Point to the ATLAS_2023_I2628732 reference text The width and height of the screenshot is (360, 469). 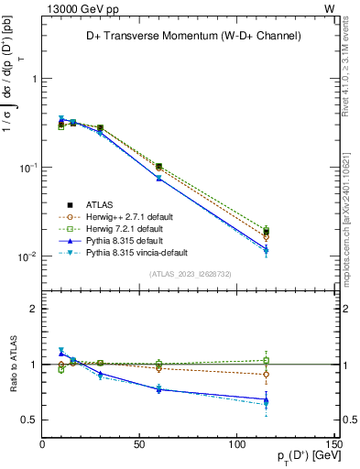(x=189, y=274)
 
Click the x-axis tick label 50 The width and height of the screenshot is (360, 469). (x=138, y=445)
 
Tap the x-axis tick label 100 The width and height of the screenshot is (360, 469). (x=235, y=445)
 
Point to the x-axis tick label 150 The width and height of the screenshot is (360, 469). (x=332, y=445)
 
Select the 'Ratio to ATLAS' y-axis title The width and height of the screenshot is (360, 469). (x=13, y=364)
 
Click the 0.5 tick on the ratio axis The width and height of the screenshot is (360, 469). (x=30, y=420)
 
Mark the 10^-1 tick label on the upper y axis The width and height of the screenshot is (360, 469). (x=28, y=168)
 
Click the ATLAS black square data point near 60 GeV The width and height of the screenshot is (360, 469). (x=158, y=167)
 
